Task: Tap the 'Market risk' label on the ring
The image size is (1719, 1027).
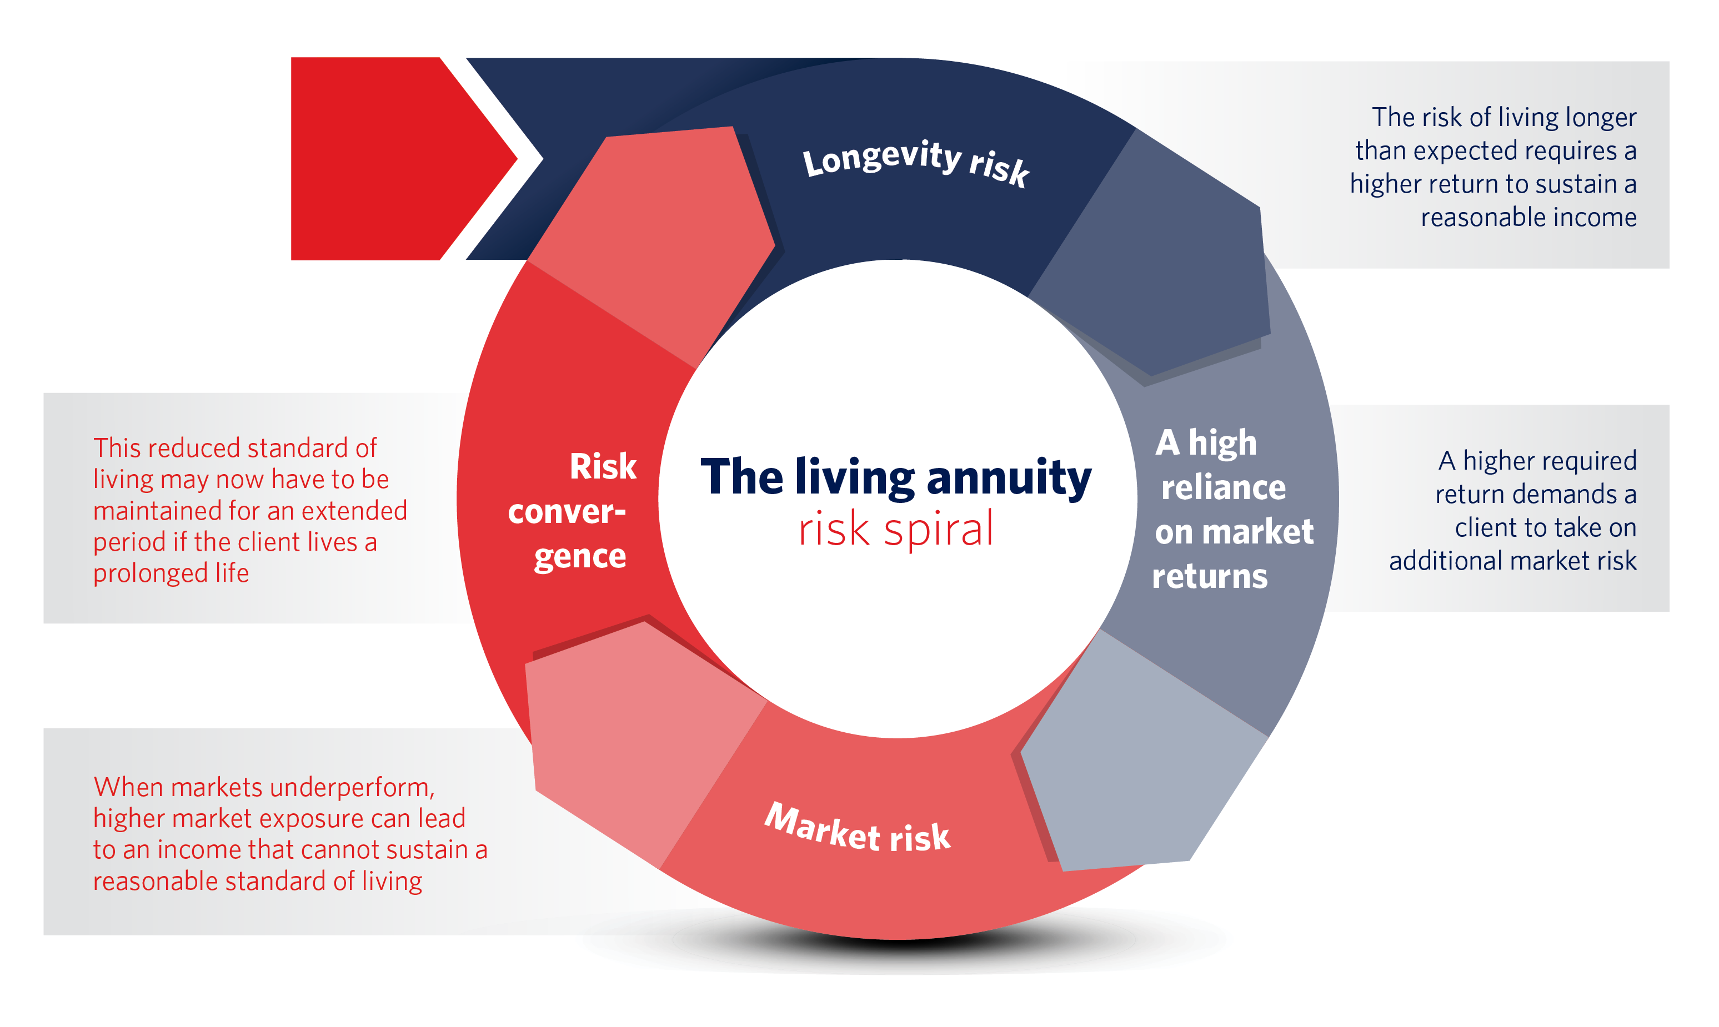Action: point(857,828)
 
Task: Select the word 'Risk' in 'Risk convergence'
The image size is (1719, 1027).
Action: point(602,466)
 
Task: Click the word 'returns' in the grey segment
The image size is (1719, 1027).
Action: point(1210,576)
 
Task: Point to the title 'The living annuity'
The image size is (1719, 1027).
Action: point(895,477)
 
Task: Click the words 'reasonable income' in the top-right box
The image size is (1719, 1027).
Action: point(1528,217)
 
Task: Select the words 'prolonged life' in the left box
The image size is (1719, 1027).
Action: point(171,573)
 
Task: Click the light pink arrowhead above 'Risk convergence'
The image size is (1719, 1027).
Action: point(658,235)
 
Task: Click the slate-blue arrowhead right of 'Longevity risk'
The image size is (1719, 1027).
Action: point(1163,270)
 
